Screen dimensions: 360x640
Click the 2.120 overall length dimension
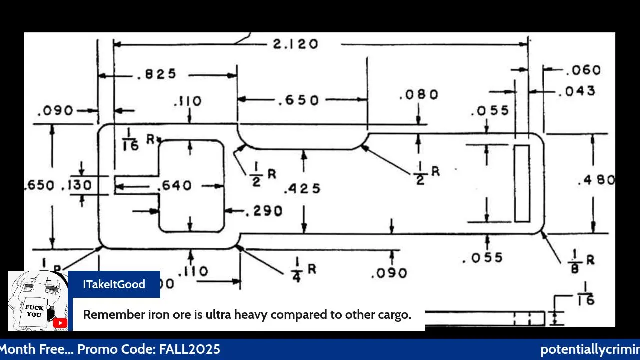pyautogui.click(x=295, y=44)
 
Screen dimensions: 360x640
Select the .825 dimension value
pyautogui.click(x=156, y=74)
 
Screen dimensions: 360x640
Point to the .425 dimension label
pyautogui.click(x=302, y=189)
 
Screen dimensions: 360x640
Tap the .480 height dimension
pyautogui.click(x=596, y=180)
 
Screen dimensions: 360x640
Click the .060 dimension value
pyautogui.click(x=583, y=70)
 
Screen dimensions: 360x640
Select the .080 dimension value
pyautogui.click(x=419, y=95)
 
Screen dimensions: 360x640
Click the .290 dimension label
pyautogui.click(x=264, y=211)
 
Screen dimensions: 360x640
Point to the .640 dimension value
pyautogui.click(x=174, y=186)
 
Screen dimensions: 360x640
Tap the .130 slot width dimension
pyautogui.click(x=76, y=185)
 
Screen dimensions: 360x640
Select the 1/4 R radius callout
pyautogui.click(x=303, y=270)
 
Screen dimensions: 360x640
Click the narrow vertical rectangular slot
pyautogui.click(x=522, y=183)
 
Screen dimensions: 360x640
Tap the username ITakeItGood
pyautogui.click(x=114, y=284)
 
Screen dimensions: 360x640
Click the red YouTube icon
pyautogui.click(x=60, y=323)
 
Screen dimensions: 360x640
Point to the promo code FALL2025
pyautogui.click(x=189, y=349)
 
